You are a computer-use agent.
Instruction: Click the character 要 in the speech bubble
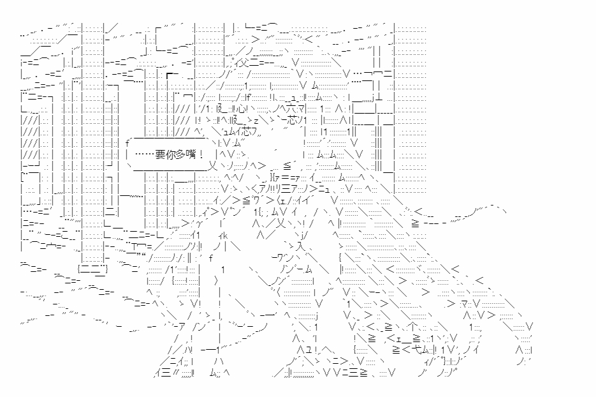tap(160, 154)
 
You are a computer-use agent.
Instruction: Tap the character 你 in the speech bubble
tap(170, 154)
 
